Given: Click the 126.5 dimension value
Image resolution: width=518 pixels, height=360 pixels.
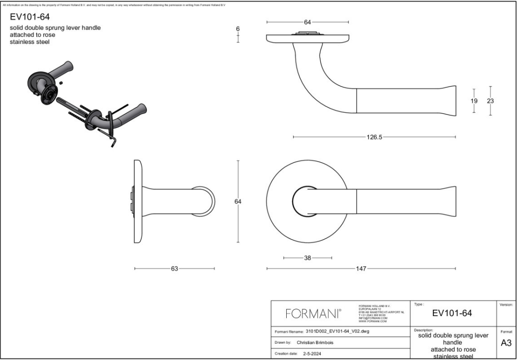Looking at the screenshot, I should [374, 137].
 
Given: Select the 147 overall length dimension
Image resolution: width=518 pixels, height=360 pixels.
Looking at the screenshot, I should [361, 269].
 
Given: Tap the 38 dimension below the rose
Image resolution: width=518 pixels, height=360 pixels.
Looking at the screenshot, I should [308, 258].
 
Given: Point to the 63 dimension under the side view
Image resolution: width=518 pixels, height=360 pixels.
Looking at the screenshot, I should [174, 269].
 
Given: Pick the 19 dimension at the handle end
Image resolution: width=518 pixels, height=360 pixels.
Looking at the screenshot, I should [474, 101].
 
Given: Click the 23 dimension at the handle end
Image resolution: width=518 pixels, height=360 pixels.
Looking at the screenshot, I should [490, 101].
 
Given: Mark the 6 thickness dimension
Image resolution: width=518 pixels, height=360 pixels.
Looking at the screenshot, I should [238, 29].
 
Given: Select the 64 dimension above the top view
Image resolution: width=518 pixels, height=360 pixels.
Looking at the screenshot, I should [308, 22].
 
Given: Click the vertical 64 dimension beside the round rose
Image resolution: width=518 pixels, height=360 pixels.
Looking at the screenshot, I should [238, 202].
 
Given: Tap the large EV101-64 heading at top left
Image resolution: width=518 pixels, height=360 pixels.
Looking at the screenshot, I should [30, 17].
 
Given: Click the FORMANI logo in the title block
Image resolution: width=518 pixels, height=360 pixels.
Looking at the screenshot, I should [312, 314].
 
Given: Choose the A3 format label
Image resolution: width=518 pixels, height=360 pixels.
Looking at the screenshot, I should [506, 343].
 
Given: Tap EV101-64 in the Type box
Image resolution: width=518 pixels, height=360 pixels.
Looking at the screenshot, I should [452, 313].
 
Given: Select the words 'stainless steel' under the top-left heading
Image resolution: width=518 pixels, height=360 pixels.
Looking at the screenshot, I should [30, 42].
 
